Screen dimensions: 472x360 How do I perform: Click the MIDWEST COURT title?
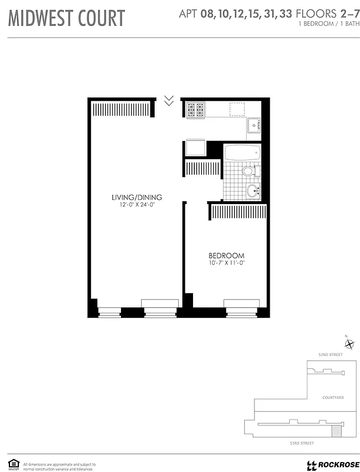click(x=67, y=18)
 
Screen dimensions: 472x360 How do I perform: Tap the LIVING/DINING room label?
click(x=137, y=197)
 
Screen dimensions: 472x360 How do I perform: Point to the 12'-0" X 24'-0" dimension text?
click(x=137, y=205)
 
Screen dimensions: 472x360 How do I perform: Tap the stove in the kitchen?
click(x=195, y=109)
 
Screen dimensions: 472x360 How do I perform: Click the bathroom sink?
click(x=253, y=191)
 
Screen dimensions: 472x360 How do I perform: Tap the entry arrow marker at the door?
click(x=169, y=100)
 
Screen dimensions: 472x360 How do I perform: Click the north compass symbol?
click(x=349, y=345)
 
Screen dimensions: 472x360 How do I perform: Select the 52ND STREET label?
click(x=330, y=355)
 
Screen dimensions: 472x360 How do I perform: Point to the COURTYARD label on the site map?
click(x=333, y=398)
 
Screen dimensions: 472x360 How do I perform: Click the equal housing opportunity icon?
click(x=12, y=464)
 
